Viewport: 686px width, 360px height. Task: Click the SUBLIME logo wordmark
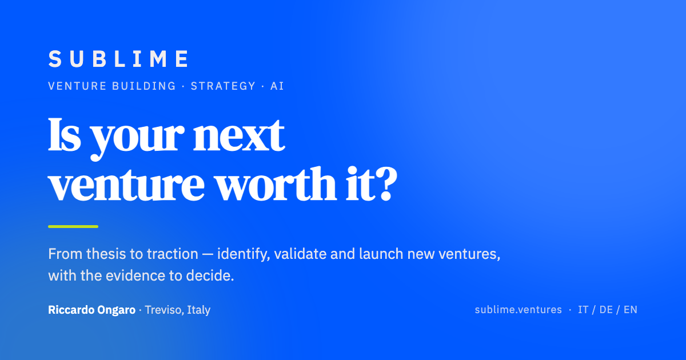[118, 59]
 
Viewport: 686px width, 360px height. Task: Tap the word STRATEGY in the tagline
[223, 86]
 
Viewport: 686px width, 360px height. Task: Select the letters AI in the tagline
[277, 86]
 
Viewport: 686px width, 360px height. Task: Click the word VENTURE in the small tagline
[78, 86]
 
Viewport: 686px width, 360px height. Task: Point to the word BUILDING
[144, 86]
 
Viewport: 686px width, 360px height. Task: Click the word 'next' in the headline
[238, 135]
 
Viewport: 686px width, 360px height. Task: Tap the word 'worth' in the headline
[276, 183]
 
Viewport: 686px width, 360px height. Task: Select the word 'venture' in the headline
[126, 185]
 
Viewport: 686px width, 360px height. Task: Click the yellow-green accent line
[73, 226]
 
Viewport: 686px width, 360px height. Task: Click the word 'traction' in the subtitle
[173, 254]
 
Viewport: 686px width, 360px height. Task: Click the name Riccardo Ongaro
[91, 310]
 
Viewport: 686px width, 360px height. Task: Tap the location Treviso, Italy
[178, 310]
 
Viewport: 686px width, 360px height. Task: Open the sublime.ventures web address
[518, 310]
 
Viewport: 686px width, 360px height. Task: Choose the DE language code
[606, 310]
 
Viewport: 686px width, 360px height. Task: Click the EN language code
[630, 310]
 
